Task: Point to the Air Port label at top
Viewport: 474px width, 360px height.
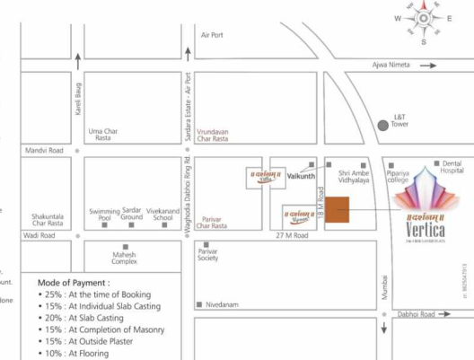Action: pyautogui.click(x=212, y=35)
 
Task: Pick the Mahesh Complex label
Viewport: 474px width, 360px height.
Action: pyautogui.click(x=124, y=258)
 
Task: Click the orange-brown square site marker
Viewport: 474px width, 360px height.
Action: pyautogui.click(x=337, y=208)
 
